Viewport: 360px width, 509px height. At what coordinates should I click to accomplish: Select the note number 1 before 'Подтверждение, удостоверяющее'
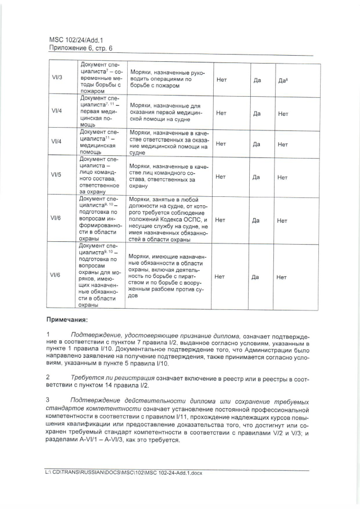[48, 335]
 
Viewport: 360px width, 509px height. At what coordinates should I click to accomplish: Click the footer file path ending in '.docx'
[123, 473]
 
